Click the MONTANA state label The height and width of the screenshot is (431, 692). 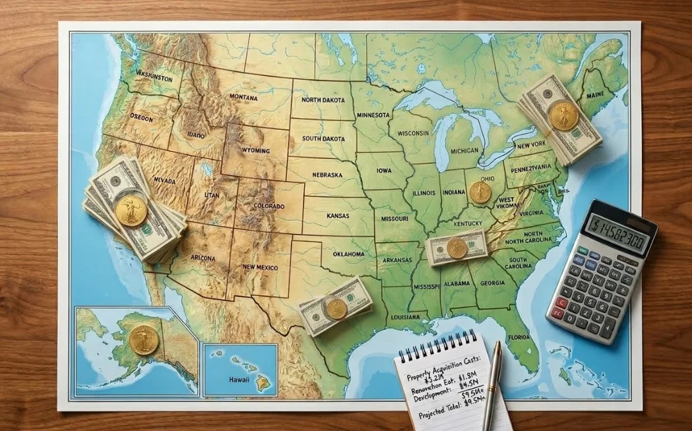click(243, 97)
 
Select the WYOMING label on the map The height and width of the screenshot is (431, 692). click(256, 151)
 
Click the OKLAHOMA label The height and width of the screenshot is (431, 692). click(348, 254)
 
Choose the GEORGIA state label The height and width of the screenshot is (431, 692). click(493, 283)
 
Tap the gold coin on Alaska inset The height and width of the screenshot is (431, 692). click(143, 339)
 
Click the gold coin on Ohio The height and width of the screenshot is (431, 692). click(480, 192)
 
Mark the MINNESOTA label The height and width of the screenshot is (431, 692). click(373, 115)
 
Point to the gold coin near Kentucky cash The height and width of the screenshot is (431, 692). click(456, 248)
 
